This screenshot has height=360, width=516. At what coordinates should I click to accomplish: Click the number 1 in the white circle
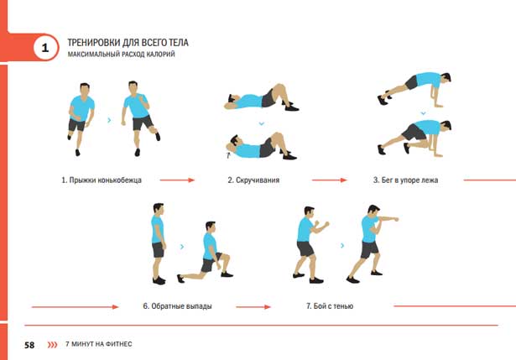(45, 48)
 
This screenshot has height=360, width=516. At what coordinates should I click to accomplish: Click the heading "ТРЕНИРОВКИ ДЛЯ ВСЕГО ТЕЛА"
(128, 43)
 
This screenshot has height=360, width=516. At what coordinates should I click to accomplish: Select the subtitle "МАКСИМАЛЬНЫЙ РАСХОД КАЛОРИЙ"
(121, 55)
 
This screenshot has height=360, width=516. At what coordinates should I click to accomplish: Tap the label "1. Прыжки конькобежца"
(102, 180)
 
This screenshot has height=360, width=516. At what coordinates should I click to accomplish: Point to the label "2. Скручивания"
(253, 180)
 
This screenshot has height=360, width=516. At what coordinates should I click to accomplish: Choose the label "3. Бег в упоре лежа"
(405, 180)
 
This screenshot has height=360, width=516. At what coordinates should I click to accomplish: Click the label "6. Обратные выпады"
(177, 306)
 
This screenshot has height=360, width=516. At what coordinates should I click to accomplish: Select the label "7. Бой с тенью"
(330, 306)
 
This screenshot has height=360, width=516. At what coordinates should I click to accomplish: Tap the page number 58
(29, 345)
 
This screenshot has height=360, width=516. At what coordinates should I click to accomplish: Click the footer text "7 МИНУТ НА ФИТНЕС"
(99, 344)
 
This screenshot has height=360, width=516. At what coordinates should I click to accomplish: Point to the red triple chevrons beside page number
(52, 345)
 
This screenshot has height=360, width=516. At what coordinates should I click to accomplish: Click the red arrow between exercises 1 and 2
(177, 180)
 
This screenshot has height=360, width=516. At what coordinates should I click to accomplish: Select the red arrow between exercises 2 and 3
(330, 180)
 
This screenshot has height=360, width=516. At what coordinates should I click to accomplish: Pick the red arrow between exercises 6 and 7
(253, 307)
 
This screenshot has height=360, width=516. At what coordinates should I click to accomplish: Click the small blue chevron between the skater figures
(109, 121)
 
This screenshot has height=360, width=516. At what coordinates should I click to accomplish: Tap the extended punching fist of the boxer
(397, 219)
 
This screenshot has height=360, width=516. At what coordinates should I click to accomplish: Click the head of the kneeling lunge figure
(211, 227)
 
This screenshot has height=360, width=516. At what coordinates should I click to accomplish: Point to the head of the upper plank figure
(446, 78)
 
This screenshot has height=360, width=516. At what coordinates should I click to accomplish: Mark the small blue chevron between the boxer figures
(342, 246)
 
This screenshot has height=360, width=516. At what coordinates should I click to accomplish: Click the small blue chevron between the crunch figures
(262, 123)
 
